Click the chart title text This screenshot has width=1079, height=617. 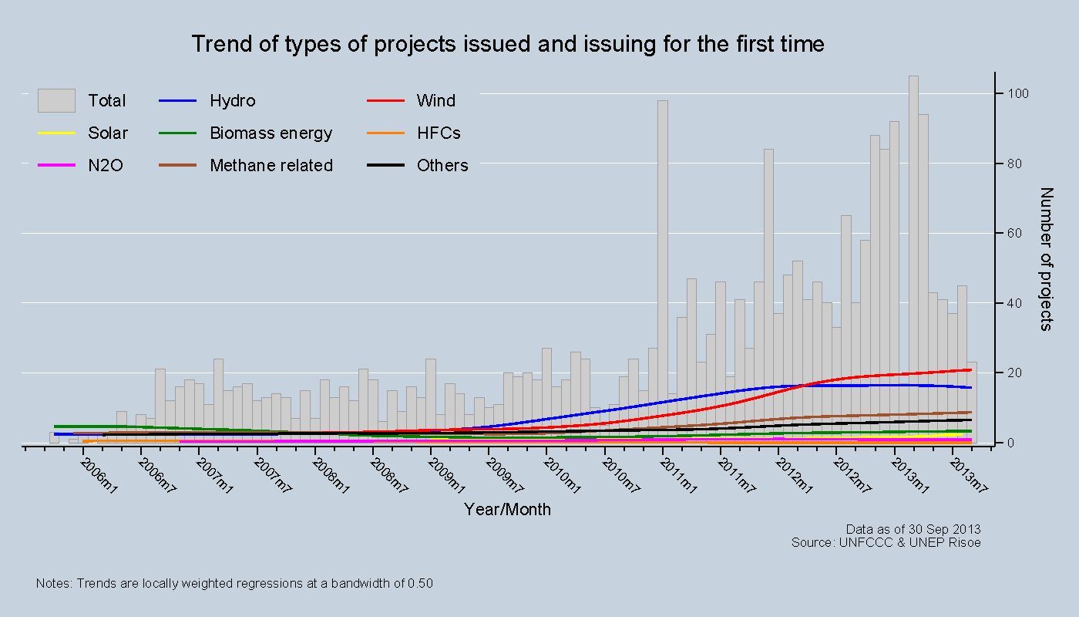click(x=507, y=44)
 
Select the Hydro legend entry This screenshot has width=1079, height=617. click(x=232, y=101)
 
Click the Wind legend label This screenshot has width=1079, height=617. click(x=435, y=101)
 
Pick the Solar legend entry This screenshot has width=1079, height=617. click(x=108, y=133)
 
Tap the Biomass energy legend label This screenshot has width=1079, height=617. click(x=271, y=133)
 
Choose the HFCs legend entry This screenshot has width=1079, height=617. click(x=438, y=133)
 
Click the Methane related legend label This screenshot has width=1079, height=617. click(x=271, y=166)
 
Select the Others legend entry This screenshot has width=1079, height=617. click(x=442, y=166)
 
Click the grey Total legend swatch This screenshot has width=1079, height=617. click(x=56, y=101)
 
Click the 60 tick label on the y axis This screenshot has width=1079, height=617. click(x=1010, y=233)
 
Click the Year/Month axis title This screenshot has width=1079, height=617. click(x=507, y=509)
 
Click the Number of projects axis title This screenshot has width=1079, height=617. click(x=1045, y=258)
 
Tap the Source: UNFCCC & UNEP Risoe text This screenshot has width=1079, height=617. click(x=886, y=542)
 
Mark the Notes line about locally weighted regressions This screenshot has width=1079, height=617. click(x=234, y=584)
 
